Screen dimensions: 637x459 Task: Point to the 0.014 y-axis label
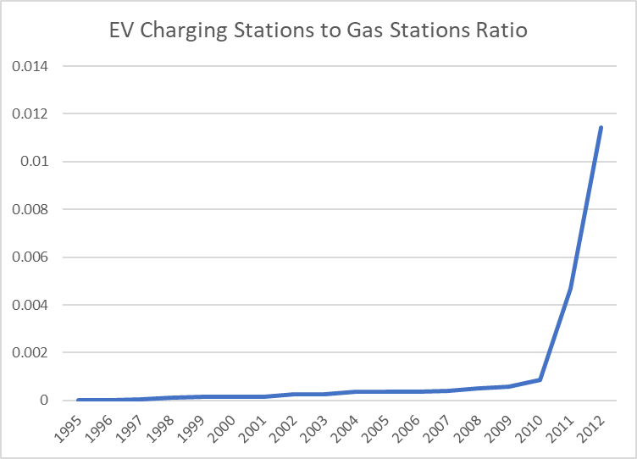30,66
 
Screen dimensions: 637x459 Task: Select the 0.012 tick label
30,113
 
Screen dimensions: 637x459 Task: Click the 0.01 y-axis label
34,161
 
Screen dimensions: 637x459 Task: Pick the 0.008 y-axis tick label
30,209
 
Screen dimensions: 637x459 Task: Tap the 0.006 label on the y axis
30,257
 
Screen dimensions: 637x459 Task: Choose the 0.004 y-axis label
30,305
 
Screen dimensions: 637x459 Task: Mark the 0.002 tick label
30,352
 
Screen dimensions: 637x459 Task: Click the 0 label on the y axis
44,400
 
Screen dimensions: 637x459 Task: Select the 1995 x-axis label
68,429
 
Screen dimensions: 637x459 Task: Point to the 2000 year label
221,429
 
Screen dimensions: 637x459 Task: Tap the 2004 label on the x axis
345,429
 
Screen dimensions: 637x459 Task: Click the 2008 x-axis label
468,429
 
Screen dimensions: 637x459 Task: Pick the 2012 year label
590,429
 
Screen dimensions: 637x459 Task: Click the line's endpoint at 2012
601,128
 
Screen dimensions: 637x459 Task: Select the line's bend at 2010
540,379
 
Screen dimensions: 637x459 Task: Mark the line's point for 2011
570,288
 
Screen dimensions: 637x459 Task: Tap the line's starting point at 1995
78,400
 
